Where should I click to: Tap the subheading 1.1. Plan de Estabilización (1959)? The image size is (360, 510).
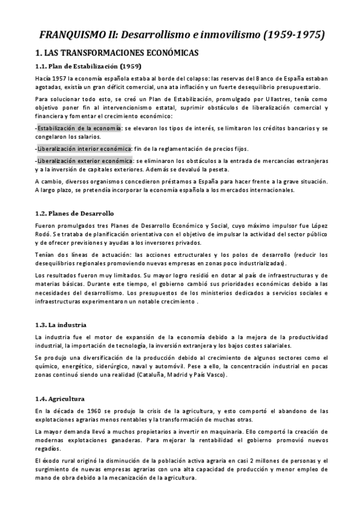tap(88, 67)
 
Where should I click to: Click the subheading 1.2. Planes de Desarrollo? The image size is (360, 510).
tap(74, 214)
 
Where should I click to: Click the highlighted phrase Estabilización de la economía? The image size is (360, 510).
tap(79, 128)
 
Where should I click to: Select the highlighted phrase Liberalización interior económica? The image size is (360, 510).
tap(84, 148)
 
